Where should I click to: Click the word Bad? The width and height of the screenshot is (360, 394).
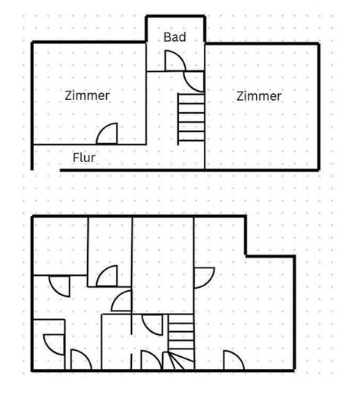[175, 37]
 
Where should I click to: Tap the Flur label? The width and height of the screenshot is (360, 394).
[84, 158]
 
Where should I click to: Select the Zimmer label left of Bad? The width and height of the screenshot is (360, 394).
[87, 95]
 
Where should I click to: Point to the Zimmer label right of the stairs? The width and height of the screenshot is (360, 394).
[259, 96]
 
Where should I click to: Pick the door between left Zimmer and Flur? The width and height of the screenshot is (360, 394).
[107, 133]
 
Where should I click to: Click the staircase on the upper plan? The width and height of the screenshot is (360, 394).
[191, 119]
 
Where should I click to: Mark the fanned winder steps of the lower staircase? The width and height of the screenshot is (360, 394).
[179, 361]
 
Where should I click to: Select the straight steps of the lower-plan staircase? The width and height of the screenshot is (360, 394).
[181, 333]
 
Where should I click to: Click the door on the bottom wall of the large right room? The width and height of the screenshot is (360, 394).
[233, 360]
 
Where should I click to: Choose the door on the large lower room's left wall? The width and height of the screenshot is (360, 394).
[205, 277]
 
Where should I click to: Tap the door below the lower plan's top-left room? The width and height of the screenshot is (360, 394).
[59, 286]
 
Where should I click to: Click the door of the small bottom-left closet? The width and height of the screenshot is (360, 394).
[54, 345]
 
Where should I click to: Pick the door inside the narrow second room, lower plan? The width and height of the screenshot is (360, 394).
[107, 276]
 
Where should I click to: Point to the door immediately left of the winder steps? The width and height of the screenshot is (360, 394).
[151, 360]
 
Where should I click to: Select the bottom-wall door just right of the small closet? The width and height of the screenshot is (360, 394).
[81, 360]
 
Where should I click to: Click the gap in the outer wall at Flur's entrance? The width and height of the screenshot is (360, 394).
[46, 170]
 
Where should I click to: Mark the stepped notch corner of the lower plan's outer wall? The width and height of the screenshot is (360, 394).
[246, 256]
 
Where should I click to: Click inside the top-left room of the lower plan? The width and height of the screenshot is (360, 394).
[61, 246]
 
